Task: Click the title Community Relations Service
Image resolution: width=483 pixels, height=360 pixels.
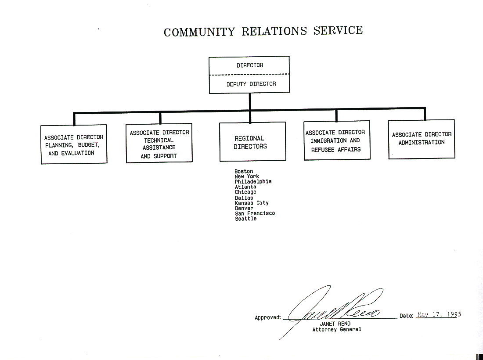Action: point(263,32)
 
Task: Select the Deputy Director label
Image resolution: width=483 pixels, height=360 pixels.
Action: point(251,84)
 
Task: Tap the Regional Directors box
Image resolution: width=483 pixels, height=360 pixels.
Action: point(252,142)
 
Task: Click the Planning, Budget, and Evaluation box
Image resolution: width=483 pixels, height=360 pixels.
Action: point(74,145)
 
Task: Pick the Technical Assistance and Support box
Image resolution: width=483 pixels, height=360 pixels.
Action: point(159,144)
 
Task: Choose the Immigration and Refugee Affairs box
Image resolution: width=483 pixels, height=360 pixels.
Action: point(336,140)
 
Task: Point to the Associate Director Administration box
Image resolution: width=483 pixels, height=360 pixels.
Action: point(422,139)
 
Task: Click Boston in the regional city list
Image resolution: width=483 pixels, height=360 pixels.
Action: point(244,171)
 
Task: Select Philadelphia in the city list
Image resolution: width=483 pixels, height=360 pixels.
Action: point(253,182)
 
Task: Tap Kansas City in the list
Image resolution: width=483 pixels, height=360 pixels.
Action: point(252,203)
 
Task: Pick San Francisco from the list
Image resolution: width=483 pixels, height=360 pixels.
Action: point(255,213)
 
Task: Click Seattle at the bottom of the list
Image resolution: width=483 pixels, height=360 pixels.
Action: point(245,219)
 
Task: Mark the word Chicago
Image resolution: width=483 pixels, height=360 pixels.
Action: point(245,192)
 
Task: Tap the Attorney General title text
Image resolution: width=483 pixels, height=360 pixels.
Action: point(337,329)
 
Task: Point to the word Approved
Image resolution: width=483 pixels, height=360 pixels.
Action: point(267,317)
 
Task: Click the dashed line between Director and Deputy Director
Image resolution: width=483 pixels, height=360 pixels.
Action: point(249,75)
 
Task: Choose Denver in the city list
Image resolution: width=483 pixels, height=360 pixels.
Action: point(244,208)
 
